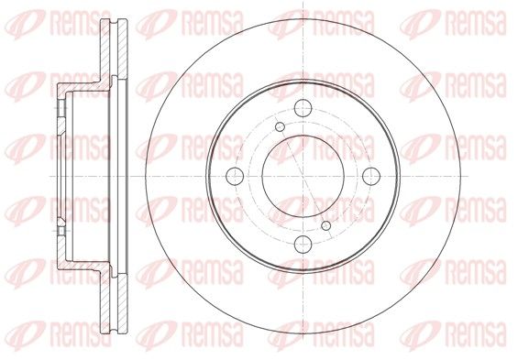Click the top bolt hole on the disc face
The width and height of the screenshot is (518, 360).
[303, 108]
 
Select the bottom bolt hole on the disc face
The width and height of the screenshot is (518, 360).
[303, 245]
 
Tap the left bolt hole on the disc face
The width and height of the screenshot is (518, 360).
[235, 176]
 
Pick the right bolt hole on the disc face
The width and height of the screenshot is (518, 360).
[371, 176]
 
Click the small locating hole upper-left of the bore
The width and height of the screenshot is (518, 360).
[281, 126]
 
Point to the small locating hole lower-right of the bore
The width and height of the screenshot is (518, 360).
[326, 225]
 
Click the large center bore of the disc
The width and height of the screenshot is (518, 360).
[303, 176]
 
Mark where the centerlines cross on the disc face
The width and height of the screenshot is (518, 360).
[303, 176]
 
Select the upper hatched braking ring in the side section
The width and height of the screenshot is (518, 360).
[114, 49]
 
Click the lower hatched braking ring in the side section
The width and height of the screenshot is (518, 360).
[114, 303]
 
